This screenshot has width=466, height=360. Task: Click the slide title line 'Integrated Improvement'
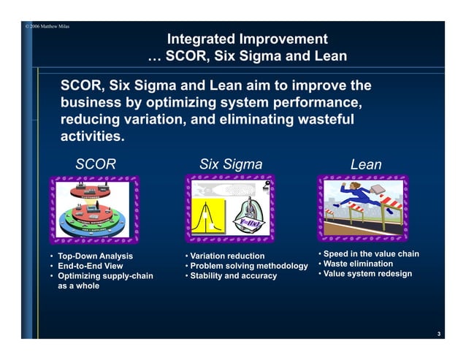click(247, 39)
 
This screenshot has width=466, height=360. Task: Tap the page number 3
click(438, 334)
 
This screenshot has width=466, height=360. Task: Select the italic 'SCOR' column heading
click(96, 164)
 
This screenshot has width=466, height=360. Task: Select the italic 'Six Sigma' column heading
click(230, 164)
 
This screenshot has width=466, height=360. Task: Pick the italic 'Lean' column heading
click(365, 164)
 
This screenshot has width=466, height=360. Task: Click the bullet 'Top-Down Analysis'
click(95, 256)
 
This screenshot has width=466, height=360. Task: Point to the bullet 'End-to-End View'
click(91, 266)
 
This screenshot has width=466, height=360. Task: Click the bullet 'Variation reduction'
click(228, 256)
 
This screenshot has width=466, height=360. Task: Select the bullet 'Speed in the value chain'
click(371, 253)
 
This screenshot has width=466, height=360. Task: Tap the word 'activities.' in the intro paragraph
click(92, 137)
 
